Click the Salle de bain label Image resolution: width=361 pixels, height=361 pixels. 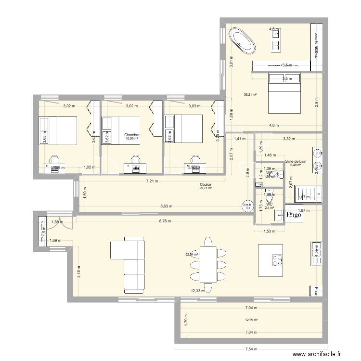[x=296, y=162]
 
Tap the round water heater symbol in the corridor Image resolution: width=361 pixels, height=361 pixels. [x=247, y=206]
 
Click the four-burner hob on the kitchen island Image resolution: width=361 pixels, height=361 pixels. [x=277, y=260]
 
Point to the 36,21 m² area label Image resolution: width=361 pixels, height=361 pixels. [x=250, y=95]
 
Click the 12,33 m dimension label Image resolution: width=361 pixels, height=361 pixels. [x=197, y=291]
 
